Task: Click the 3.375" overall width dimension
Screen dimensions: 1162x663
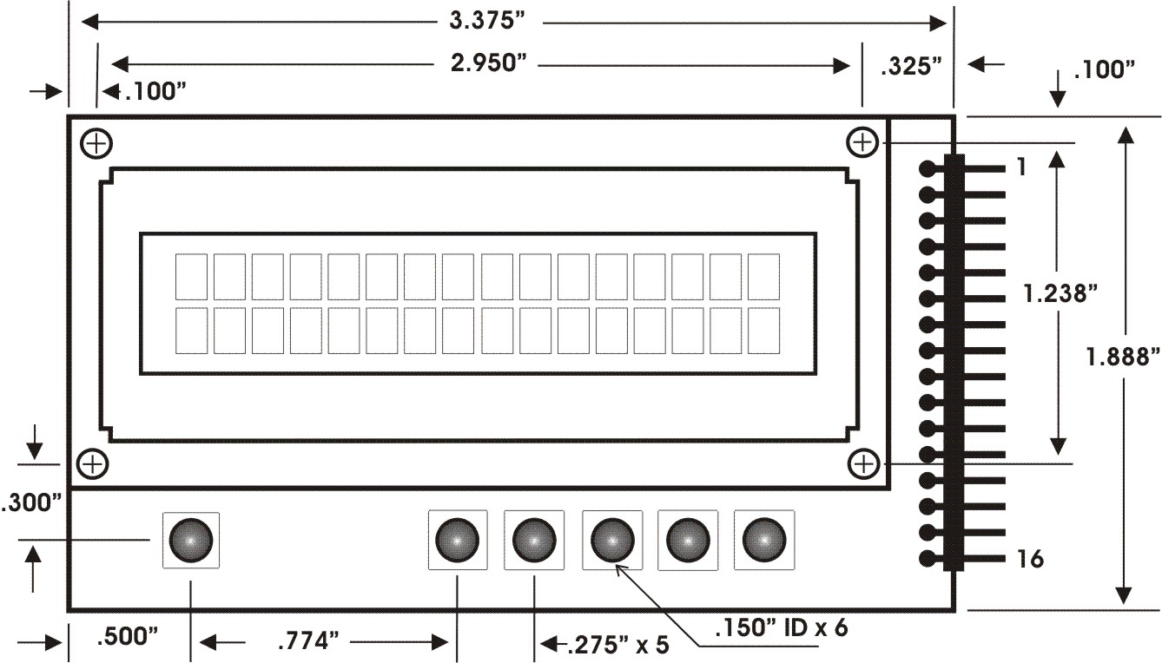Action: click(x=487, y=21)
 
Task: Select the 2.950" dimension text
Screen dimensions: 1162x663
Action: click(x=489, y=63)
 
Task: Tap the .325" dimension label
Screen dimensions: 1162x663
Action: click(x=911, y=66)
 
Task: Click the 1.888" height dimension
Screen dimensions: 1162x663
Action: click(x=1123, y=357)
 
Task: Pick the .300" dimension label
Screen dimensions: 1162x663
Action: click(x=31, y=502)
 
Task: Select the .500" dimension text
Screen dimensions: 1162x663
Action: click(x=128, y=637)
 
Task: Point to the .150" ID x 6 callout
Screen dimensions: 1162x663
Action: click(x=782, y=627)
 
